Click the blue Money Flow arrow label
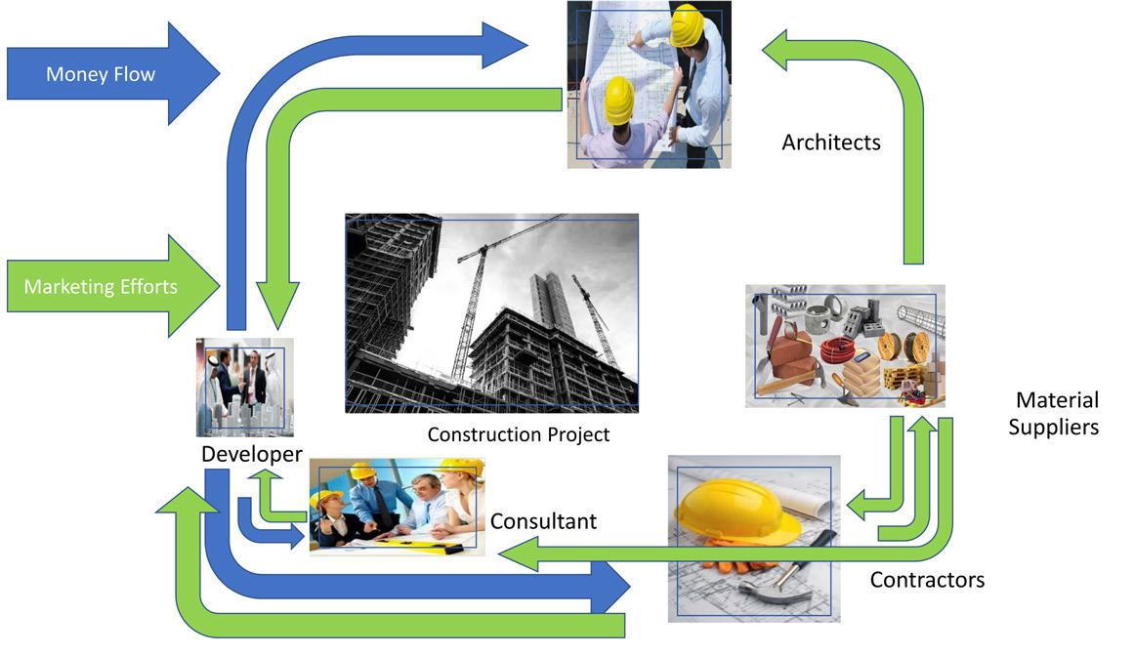101,74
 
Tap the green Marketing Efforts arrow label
101,287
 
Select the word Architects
831,143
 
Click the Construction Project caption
519,434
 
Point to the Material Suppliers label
1054,413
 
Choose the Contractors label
927,580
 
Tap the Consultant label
543,521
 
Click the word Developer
251,454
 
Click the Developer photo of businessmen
244,387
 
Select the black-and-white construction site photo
491,312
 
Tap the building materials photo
845,346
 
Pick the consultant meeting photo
397,507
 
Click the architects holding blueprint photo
649,84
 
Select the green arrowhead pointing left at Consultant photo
514,555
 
